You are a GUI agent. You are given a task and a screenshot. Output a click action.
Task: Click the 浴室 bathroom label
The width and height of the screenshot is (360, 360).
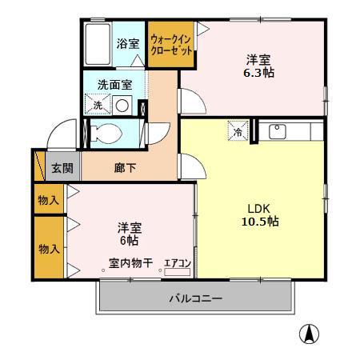point(128,44)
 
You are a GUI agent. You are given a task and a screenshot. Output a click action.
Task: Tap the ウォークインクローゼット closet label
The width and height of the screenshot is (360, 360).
point(169,44)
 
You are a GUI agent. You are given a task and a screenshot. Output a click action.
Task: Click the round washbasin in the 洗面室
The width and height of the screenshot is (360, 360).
point(122,105)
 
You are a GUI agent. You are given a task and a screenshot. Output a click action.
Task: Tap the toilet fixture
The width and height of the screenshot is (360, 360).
point(104,134)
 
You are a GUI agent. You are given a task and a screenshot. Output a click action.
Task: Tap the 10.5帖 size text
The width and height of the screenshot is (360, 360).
point(261,221)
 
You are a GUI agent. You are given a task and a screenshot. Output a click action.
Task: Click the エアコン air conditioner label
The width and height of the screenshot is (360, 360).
point(176,263)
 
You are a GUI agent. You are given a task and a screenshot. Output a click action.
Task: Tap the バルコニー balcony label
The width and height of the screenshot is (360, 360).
point(194,299)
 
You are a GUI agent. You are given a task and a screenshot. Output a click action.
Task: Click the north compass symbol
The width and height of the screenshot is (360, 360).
point(307,335)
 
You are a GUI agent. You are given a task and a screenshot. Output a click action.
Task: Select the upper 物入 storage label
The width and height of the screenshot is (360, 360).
point(49,200)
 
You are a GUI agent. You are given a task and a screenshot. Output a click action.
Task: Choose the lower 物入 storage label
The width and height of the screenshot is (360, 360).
point(49,249)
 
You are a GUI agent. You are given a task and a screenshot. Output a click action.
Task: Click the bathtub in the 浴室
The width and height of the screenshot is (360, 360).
point(98,45)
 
